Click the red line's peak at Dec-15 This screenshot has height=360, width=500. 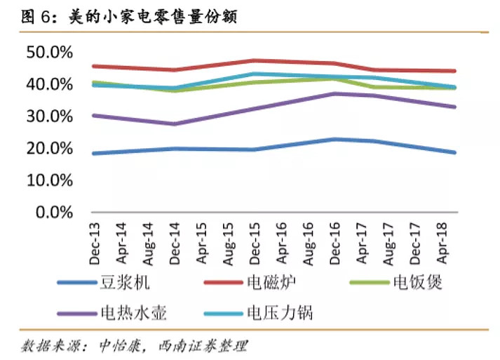[254, 60]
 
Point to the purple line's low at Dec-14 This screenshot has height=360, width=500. [173, 124]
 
